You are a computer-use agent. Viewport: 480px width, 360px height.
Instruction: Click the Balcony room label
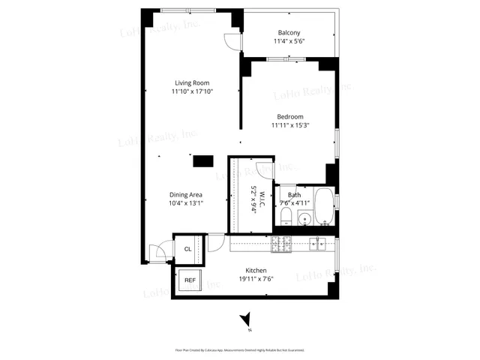coord(289,32)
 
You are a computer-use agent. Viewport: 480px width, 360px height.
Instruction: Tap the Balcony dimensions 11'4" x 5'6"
coord(289,41)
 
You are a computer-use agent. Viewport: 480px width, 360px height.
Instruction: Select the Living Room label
coord(192,82)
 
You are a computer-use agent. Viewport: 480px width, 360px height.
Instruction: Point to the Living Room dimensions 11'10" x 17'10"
coord(192,91)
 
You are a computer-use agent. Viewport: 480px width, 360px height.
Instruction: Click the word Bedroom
coord(289,116)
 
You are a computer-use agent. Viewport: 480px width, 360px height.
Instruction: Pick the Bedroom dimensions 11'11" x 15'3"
coord(289,125)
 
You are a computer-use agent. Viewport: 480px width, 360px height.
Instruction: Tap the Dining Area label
coord(184,194)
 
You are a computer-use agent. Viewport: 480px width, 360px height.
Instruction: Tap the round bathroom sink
coord(304,220)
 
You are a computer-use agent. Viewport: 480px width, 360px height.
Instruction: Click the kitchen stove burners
coord(280,243)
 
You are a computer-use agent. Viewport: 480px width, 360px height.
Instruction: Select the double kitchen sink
coord(318,243)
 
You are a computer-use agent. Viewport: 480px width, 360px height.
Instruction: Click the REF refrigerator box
coord(190,280)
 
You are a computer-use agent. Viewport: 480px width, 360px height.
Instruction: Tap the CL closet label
coord(188,248)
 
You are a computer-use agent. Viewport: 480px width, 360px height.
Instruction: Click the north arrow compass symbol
coord(245,320)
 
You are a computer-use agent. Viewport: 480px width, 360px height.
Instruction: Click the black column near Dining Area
coord(202,160)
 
